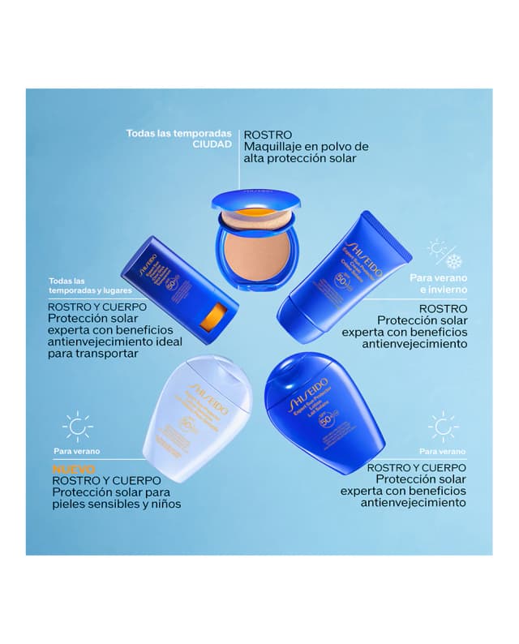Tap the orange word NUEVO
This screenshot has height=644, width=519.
click(74, 469)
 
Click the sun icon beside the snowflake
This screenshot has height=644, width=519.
click(438, 248)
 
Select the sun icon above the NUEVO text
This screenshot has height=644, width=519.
click(77, 426)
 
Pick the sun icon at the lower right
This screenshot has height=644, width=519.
click(443, 426)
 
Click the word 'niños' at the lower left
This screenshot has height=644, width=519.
click(161, 504)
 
